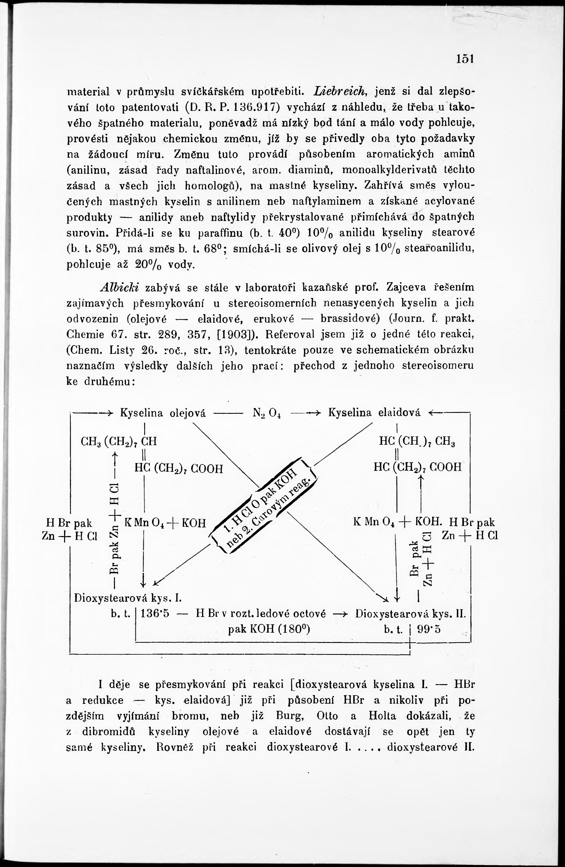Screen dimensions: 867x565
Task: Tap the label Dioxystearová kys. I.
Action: tap(127, 598)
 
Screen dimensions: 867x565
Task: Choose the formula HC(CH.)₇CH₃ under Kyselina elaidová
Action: tap(417, 442)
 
